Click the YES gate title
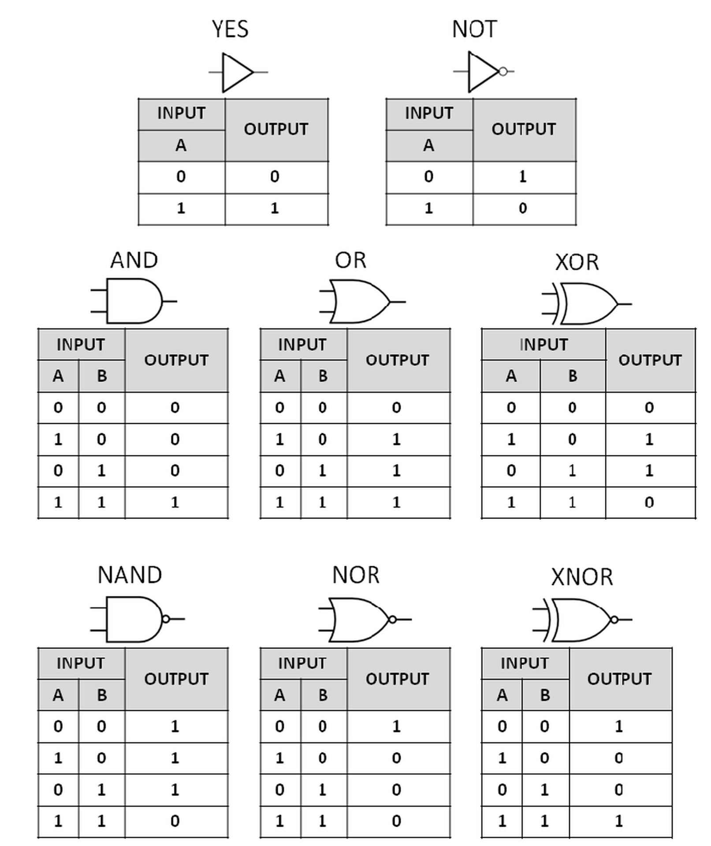pos(230,29)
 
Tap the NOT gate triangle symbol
pos(482,71)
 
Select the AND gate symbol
pos(134,301)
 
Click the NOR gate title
pos(355,575)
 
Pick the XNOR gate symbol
pos(581,620)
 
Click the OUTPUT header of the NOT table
pos(524,130)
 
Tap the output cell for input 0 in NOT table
pos(524,177)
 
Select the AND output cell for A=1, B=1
pos(175,502)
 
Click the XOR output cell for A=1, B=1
pos(649,502)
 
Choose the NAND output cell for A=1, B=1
pos(175,821)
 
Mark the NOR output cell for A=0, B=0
pos(397,727)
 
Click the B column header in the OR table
pos(323,376)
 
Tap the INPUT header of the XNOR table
pos(525,663)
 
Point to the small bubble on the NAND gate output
pos(166,619)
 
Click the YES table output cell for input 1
pos(275,208)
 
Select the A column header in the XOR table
pos(511,376)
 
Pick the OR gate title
pos(350,260)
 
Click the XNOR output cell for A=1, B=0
pos(619,758)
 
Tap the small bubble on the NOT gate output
pos(503,71)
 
